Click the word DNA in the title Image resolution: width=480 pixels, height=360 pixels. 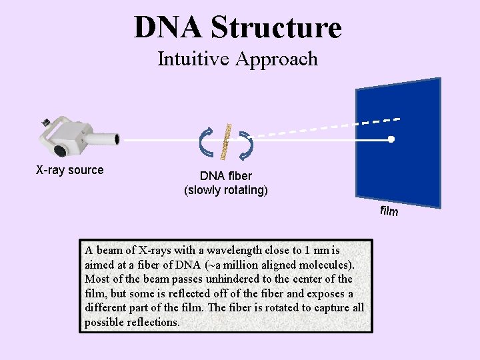168,27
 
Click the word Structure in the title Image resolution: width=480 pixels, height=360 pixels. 275,27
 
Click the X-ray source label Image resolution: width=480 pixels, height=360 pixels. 69,170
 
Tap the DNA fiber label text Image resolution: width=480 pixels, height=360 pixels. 226,176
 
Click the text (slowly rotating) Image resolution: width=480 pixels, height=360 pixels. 226,190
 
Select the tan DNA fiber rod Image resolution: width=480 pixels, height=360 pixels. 227,141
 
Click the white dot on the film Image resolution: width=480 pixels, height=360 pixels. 392,139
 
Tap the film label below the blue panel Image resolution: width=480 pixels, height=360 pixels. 389,211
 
